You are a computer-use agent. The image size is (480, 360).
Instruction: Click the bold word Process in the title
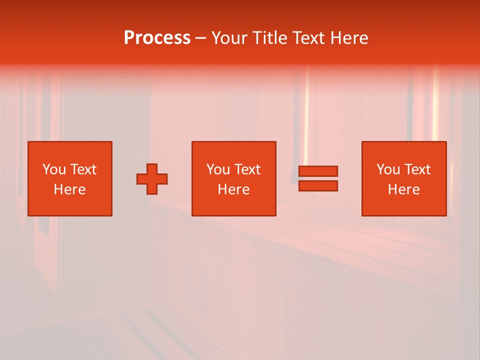(157, 38)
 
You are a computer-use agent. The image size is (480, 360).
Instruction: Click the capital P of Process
(129, 38)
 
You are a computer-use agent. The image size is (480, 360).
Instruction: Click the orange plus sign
(152, 179)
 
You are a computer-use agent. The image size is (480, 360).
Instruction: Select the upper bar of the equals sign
(318, 171)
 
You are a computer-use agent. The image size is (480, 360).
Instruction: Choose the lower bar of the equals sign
(318, 186)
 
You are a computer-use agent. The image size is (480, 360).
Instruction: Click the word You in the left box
(54, 169)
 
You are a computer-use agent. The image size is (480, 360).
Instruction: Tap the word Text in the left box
(82, 169)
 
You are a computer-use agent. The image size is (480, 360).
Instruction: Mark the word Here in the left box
(69, 189)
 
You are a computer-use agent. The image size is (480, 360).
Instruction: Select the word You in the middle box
(218, 169)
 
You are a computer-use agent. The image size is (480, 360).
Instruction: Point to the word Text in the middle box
(246, 169)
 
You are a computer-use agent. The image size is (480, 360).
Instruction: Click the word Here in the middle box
(233, 189)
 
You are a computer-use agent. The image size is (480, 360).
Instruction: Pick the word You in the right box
(388, 169)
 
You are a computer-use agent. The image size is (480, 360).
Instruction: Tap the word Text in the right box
(416, 169)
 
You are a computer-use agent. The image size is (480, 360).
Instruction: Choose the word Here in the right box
(403, 189)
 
